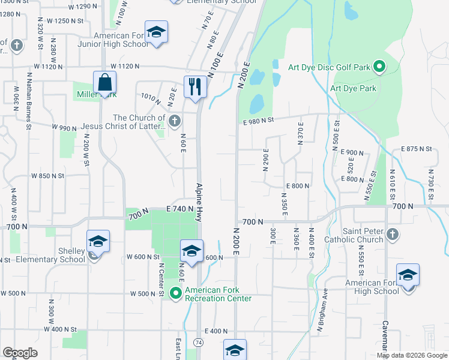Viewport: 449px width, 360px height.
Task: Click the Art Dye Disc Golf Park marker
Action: (x=379, y=67)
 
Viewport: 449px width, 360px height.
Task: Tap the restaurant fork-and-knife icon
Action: (x=194, y=86)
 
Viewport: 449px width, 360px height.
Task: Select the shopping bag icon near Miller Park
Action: (x=104, y=82)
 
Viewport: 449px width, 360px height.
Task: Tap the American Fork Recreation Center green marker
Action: (x=176, y=293)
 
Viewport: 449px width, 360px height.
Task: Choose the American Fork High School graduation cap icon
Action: (x=408, y=275)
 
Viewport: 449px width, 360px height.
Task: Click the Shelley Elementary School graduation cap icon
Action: (x=98, y=241)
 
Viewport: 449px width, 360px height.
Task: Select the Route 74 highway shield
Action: (x=198, y=342)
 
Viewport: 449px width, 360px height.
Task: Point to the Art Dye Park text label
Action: (x=353, y=88)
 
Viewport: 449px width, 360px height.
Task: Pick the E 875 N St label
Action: (x=416, y=148)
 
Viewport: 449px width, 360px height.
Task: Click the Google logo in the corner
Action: (x=20, y=353)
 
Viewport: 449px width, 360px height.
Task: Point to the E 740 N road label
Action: (x=181, y=208)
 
